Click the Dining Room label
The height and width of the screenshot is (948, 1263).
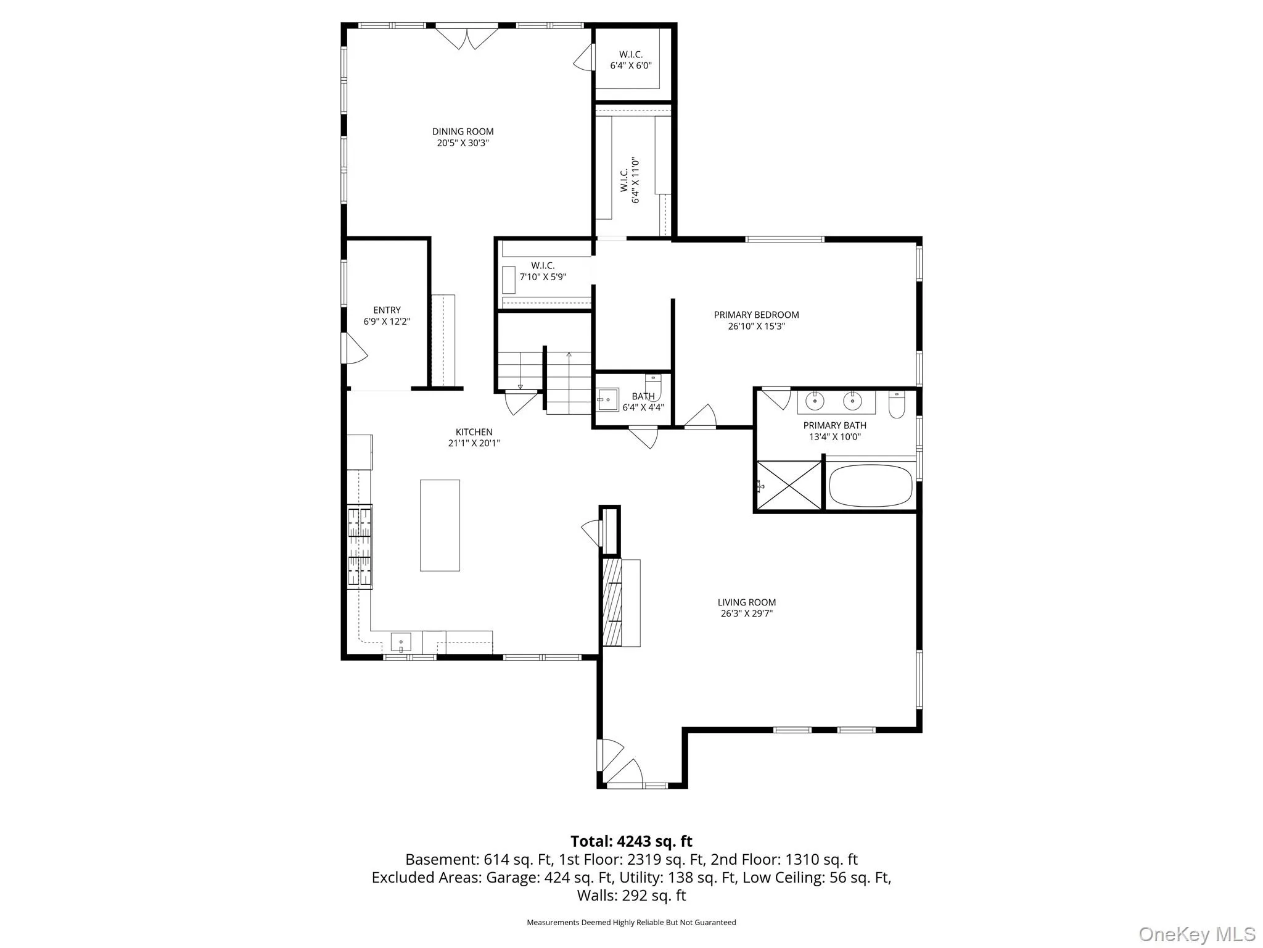pos(463,131)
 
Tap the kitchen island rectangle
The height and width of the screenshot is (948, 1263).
pos(440,525)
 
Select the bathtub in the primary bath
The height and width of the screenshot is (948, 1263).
pos(870,486)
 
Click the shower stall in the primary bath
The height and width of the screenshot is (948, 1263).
pos(789,486)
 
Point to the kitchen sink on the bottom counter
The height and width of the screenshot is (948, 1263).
pos(401,642)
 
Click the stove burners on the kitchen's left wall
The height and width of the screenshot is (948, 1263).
pos(360,545)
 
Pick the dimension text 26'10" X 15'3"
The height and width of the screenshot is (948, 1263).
pos(756,326)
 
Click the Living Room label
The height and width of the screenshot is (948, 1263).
pos(746,602)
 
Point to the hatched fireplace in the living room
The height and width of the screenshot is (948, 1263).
pos(612,602)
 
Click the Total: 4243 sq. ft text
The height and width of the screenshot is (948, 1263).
pos(631,841)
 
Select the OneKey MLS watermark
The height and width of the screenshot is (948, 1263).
pos(1197,934)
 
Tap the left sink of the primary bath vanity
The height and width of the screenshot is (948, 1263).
pos(815,401)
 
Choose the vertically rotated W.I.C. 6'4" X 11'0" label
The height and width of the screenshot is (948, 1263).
pos(630,180)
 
